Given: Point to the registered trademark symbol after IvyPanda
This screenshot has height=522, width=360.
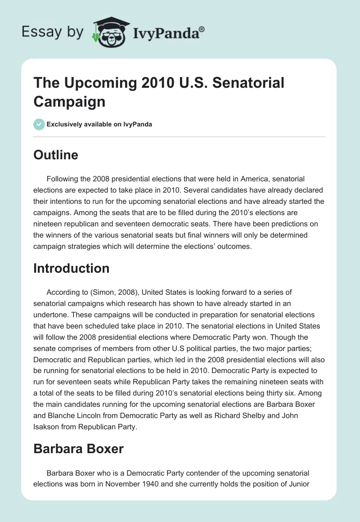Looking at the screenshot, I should [x=202, y=28].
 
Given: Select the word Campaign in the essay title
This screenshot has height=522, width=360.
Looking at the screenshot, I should [x=69, y=101].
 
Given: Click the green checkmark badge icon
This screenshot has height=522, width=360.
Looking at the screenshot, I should [x=39, y=124].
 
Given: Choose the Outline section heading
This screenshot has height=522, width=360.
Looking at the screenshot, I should [x=56, y=155].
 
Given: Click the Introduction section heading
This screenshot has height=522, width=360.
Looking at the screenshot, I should [x=72, y=268].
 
